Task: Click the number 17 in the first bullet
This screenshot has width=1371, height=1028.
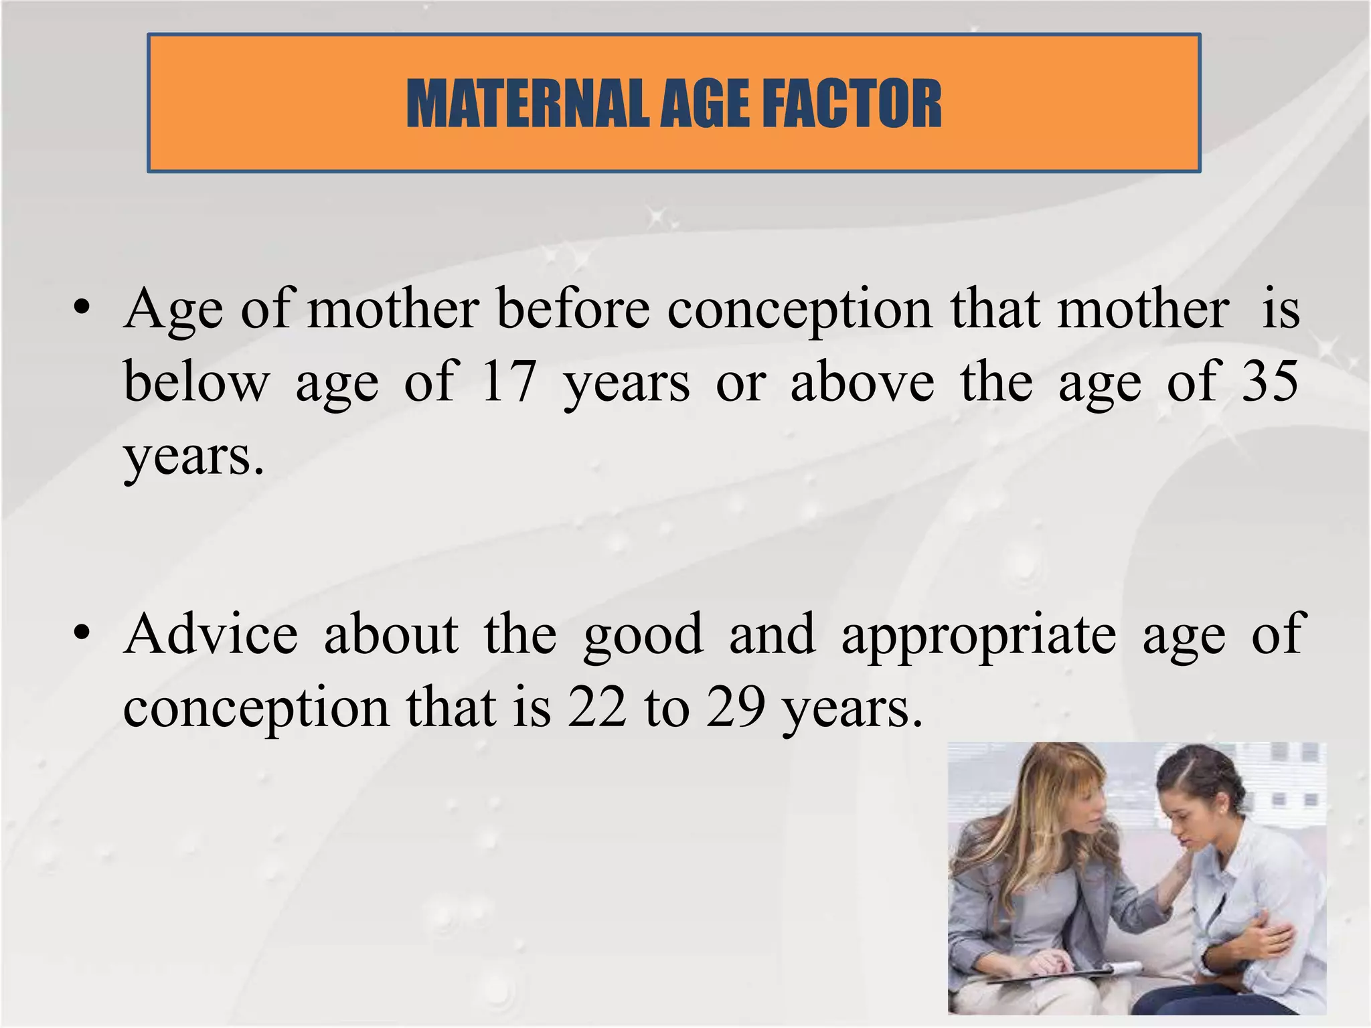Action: [x=509, y=381]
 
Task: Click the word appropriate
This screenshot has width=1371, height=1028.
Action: [x=978, y=636]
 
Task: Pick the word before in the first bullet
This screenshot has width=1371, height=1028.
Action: [x=573, y=309]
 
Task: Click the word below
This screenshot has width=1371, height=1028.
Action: [x=196, y=381]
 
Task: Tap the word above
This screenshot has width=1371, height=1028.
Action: [x=862, y=381]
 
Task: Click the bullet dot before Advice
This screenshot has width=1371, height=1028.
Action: [x=82, y=633]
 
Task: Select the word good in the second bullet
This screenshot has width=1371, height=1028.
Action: [x=643, y=636]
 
